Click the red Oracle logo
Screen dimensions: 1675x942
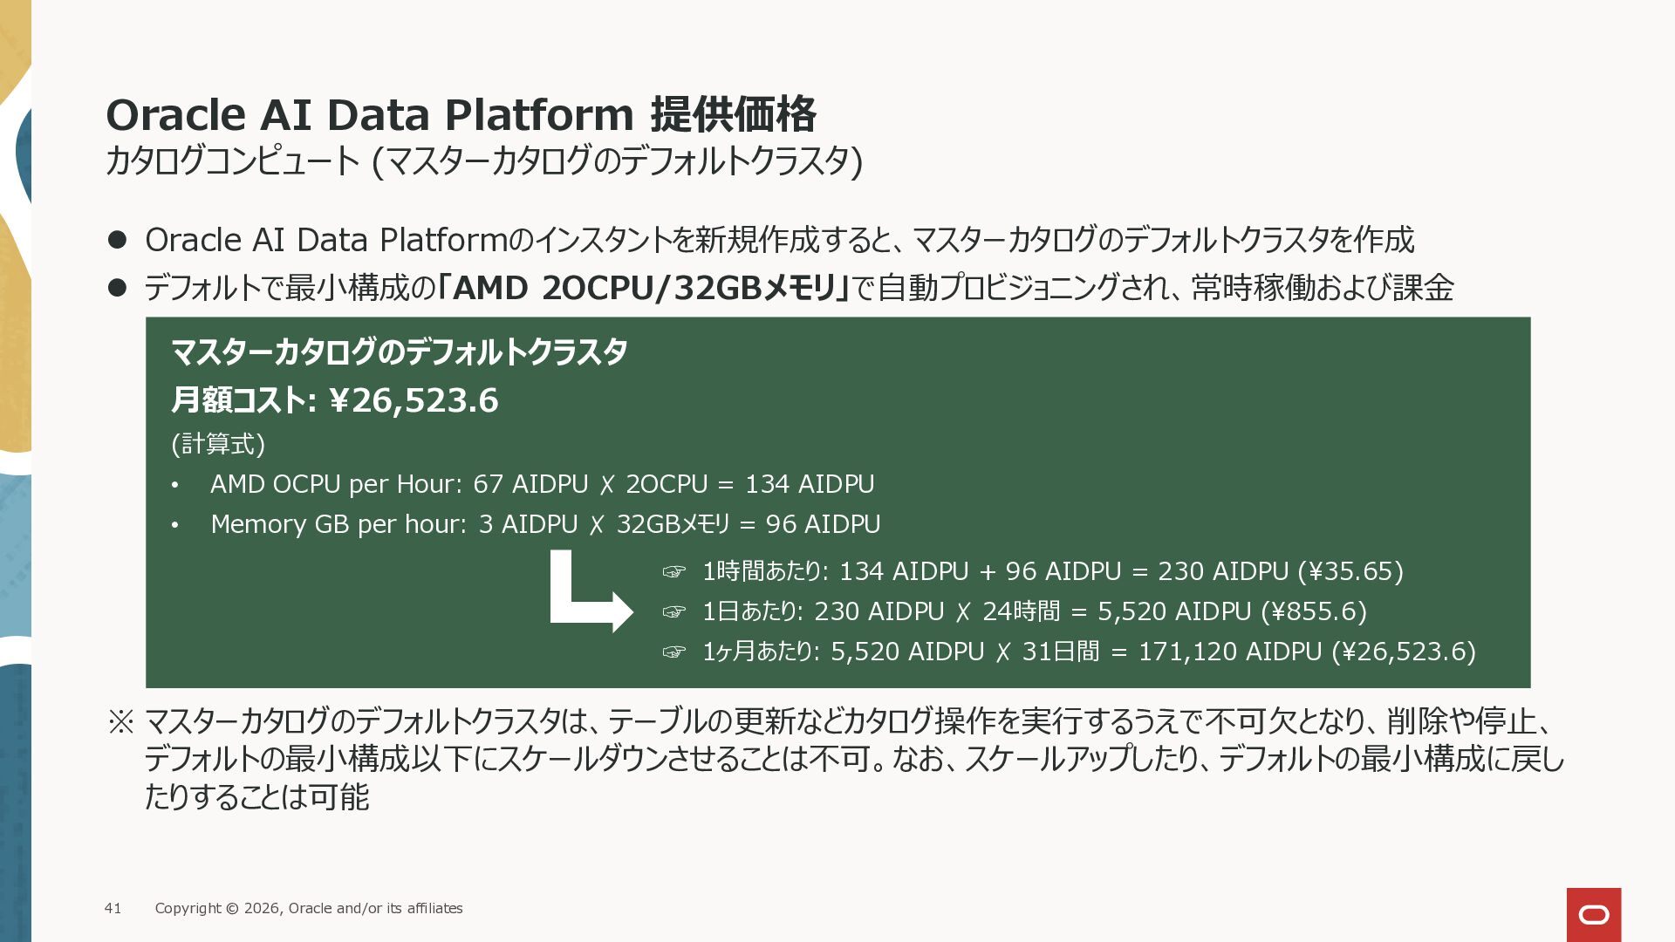tap(1594, 914)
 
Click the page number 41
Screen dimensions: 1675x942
tap(113, 908)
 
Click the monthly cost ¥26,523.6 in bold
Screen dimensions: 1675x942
tap(414, 400)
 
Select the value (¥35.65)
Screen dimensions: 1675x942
tap(1350, 571)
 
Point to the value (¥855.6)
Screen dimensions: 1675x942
tap(1314, 611)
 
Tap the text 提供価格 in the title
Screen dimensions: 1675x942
tap(734, 114)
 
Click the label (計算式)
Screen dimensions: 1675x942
tap(218, 444)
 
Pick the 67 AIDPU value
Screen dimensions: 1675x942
tap(530, 484)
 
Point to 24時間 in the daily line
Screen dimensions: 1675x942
tap(1022, 611)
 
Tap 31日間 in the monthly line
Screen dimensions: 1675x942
tap(1061, 652)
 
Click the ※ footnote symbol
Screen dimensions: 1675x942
tap(120, 721)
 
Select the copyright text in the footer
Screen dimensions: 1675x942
tap(309, 908)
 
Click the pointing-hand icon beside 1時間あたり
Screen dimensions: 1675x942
tap(674, 572)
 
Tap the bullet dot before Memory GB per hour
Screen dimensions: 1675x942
tap(175, 525)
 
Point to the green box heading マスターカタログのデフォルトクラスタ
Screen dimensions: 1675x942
tap(400, 352)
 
